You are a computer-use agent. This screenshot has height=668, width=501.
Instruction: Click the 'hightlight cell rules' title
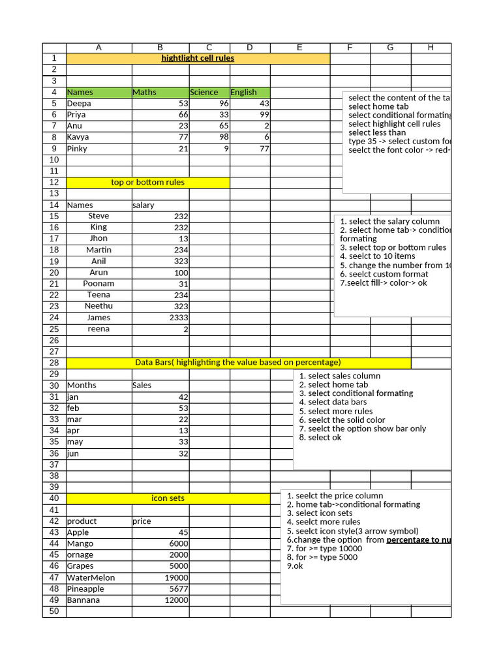click(x=198, y=58)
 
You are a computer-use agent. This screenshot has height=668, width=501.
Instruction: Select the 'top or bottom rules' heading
click(x=147, y=182)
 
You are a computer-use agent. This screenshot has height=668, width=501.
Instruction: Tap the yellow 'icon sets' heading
click(x=168, y=498)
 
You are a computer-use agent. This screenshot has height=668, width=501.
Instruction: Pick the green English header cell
click(x=243, y=92)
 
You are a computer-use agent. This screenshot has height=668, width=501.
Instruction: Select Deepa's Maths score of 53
click(x=183, y=104)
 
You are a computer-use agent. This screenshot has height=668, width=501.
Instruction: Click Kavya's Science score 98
click(x=224, y=137)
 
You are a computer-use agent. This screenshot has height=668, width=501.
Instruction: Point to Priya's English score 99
click(x=264, y=115)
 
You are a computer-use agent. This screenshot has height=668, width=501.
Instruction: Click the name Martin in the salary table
click(x=99, y=250)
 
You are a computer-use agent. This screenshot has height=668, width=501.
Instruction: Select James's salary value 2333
click(x=179, y=318)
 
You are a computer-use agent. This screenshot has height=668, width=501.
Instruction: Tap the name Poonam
click(x=99, y=284)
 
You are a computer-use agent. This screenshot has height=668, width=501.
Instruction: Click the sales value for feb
click(x=183, y=408)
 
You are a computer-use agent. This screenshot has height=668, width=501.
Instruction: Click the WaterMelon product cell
click(x=91, y=577)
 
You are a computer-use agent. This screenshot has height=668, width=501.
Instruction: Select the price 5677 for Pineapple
click(x=179, y=588)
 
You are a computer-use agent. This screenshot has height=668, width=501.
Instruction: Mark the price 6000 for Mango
click(x=179, y=543)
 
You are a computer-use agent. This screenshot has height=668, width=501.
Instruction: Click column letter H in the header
click(x=431, y=47)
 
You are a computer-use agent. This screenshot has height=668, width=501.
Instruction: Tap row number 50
click(x=53, y=611)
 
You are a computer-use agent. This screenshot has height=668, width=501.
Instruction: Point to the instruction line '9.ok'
click(x=295, y=566)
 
